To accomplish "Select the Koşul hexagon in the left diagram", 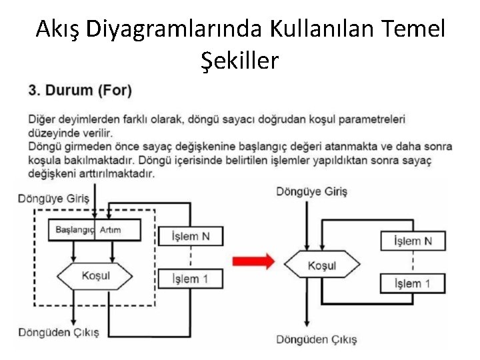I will coord(95,275).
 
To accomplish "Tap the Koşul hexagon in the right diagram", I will coord(322,265).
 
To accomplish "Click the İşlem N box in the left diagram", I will coord(191,236).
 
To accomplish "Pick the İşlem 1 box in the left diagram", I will coord(191,278).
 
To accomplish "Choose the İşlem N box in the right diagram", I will coord(413,240).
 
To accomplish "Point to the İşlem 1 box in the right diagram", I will coord(413,283).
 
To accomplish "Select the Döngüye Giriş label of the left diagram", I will coord(53,197).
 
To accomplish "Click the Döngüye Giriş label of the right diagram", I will coord(312,191).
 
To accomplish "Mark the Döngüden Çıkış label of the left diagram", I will coord(58,331).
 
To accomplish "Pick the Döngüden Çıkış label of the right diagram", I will coord(316,339).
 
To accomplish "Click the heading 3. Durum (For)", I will coord(80,89).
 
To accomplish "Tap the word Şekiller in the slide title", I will coord(239,61).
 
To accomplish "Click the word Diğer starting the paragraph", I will coord(42,119).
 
